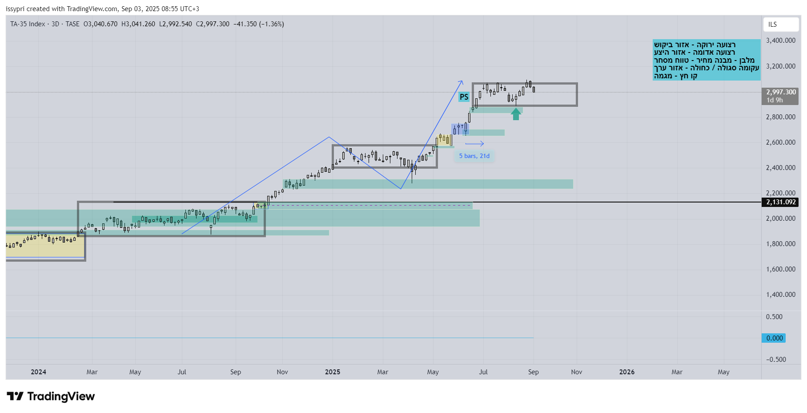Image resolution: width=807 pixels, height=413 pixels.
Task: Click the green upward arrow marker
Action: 516,114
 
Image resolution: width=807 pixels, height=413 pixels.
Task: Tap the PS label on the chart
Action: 464,97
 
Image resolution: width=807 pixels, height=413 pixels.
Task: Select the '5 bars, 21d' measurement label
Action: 474,156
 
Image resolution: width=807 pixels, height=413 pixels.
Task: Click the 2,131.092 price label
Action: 781,202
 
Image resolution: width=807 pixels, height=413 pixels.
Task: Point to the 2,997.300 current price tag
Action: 781,93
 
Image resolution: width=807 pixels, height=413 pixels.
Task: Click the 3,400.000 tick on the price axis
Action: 780,40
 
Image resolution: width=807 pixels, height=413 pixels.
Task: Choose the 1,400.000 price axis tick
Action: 780,295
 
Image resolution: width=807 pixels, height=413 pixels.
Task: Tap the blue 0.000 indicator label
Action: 774,338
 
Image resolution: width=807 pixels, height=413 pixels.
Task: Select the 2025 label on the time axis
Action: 333,372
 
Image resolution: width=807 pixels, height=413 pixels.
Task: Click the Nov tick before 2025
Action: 282,372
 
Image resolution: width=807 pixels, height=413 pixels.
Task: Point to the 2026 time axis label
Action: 627,372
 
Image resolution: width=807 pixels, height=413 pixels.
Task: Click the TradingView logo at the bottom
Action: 51,396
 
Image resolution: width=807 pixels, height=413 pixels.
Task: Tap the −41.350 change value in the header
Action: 245,24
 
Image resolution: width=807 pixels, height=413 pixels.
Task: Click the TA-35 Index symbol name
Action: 28,24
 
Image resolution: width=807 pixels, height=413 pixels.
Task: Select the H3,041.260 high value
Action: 138,24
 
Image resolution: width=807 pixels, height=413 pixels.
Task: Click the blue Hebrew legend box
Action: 707,60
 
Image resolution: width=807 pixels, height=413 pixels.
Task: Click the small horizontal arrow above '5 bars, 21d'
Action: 474,144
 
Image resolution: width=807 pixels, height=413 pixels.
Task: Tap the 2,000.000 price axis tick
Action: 780,219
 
